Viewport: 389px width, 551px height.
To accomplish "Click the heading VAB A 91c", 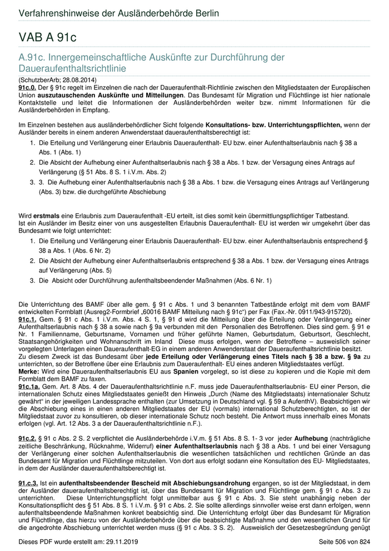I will (x=47, y=37).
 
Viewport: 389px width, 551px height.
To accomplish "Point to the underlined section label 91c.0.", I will (x=27, y=88).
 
